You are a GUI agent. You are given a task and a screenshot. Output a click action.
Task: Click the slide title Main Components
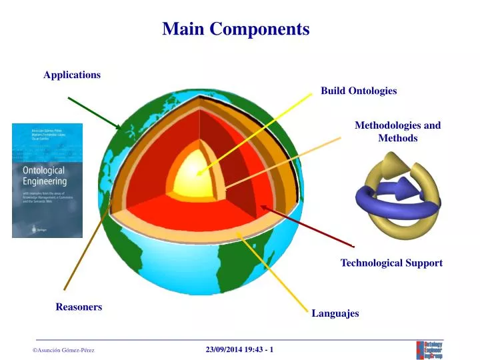236,29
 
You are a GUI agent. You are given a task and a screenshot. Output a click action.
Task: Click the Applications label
72,75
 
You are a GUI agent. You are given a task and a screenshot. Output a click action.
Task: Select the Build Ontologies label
359,91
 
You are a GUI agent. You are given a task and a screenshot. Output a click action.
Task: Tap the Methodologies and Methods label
397,131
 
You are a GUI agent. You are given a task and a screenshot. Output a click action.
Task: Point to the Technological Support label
391,263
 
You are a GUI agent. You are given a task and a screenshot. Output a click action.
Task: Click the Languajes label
335,313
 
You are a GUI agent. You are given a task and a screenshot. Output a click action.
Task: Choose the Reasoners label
79,307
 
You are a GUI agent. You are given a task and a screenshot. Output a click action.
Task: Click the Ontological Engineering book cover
47,180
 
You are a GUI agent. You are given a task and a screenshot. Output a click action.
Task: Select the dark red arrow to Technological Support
307,226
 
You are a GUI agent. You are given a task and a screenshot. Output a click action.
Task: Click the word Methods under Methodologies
397,138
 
